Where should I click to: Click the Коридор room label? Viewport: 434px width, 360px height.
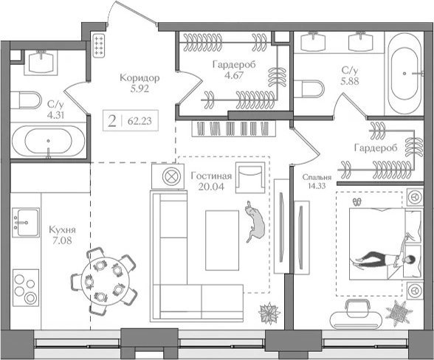pos(139,78)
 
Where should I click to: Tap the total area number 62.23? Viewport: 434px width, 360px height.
pos(139,121)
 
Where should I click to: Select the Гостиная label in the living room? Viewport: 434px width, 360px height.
pos(211,176)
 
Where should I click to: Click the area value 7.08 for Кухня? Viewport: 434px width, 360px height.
pos(62,240)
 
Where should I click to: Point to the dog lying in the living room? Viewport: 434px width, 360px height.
pos(254,221)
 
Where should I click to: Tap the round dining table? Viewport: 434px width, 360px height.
pos(103,281)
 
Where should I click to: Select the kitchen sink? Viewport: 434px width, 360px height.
pos(26,223)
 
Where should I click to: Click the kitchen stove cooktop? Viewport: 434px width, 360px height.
pos(26,287)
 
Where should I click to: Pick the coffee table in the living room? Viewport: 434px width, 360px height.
pos(222,240)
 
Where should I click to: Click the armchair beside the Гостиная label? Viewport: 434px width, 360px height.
pos(250,178)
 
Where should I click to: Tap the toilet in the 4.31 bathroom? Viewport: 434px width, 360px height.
pos(26,100)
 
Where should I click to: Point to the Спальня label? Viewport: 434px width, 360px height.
pos(317,177)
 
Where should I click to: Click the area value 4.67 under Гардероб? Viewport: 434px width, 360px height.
pos(234,75)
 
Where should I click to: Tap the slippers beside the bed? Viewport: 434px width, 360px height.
pos(357,202)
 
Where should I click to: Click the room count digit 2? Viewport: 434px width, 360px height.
pos(112,121)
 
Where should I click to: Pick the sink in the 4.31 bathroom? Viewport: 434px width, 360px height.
pos(41,63)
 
